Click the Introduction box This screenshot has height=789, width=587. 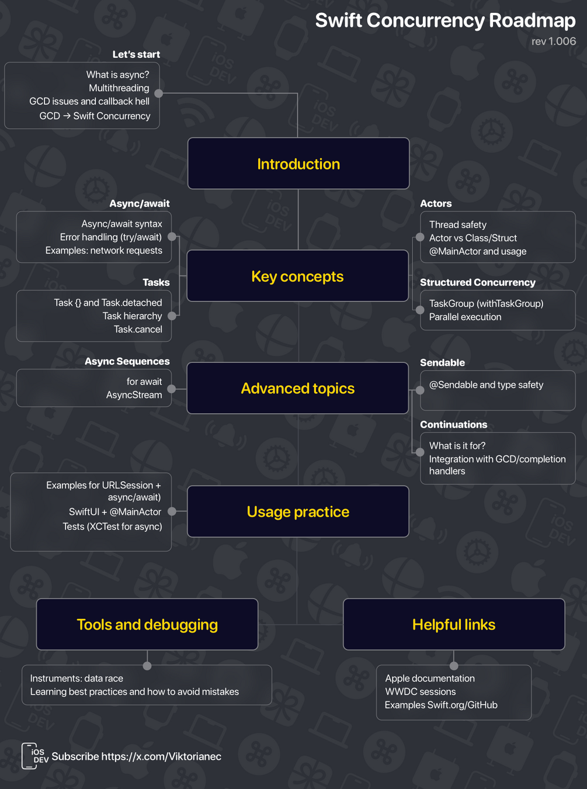(x=298, y=163)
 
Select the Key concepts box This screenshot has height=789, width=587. (x=298, y=276)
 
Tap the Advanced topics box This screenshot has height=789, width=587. (x=298, y=388)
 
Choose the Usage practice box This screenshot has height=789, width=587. (x=298, y=511)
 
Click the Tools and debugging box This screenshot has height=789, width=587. (x=147, y=624)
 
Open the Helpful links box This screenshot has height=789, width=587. (x=454, y=624)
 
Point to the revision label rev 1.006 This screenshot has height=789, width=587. (x=554, y=41)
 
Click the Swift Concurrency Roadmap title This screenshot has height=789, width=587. (x=445, y=20)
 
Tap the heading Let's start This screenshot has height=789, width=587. (x=136, y=54)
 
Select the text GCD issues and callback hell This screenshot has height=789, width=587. (x=89, y=101)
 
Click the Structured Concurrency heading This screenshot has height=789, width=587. (x=478, y=282)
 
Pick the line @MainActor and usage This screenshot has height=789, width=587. (x=478, y=251)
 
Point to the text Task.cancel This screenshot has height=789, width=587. (x=138, y=330)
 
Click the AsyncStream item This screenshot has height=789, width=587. (x=134, y=395)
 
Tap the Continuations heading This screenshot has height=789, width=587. (x=454, y=424)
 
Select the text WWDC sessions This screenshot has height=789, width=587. (x=421, y=691)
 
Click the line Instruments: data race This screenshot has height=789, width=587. (x=77, y=679)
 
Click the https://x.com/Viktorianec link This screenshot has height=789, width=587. (x=161, y=756)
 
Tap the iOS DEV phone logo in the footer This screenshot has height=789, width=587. (x=34, y=756)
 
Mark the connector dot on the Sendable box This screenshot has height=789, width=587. (x=420, y=390)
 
